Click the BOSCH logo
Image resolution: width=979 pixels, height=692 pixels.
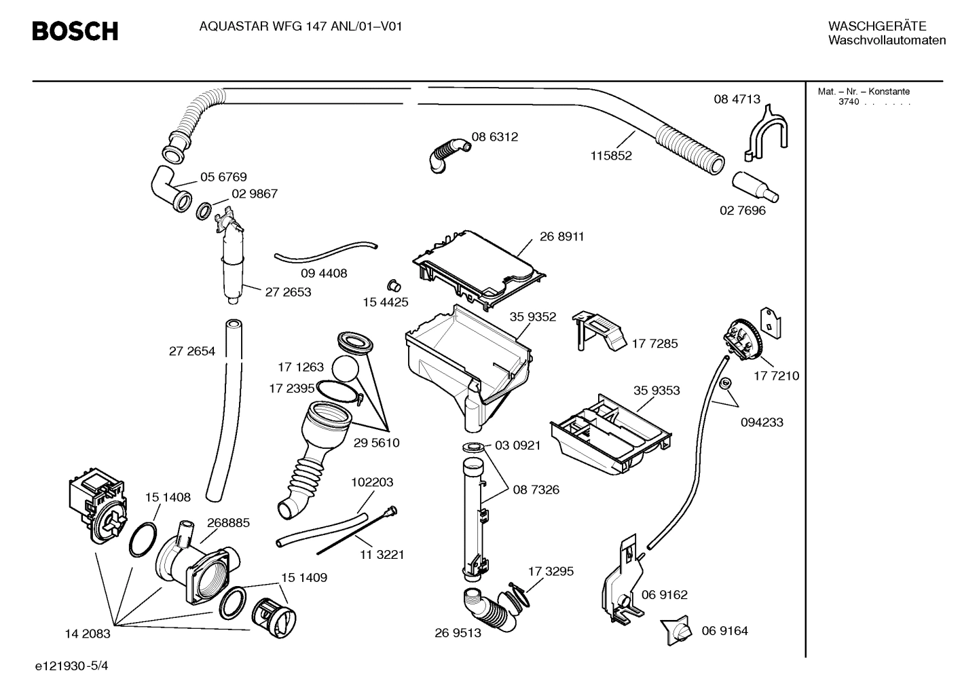tap(75, 31)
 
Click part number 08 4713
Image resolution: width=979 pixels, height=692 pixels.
tap(737, 99)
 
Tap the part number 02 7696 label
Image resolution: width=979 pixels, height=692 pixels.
tap(742, 211)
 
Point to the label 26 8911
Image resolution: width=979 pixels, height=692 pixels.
tap(561, 236)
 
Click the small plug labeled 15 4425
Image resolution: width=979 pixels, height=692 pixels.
tap(392, 284)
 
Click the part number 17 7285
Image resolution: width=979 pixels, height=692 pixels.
tap(654, 344)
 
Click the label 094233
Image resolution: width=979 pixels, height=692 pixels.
tap(761, 422)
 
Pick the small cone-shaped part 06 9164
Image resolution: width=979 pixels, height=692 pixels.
tap(677, 631)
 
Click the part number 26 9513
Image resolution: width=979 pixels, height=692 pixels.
tap(458, 633)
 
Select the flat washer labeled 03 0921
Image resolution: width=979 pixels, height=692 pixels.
tap(473, 447)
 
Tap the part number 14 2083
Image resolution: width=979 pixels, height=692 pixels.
tap(87, 634)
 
